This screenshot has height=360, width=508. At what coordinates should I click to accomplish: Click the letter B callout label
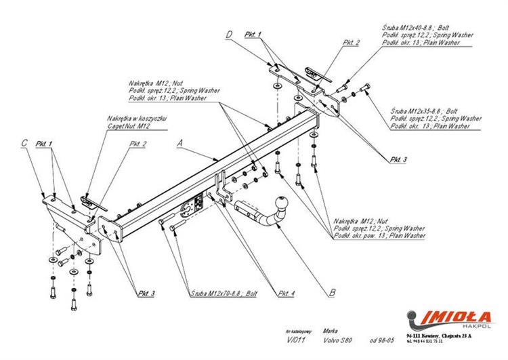(x=331, y=293)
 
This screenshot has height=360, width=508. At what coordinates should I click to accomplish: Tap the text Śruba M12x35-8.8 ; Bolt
(x=424, y=111)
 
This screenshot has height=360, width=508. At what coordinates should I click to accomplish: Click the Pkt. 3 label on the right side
(x=398, y=159)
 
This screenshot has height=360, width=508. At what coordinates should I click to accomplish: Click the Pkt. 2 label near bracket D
(x=352, y=43)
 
